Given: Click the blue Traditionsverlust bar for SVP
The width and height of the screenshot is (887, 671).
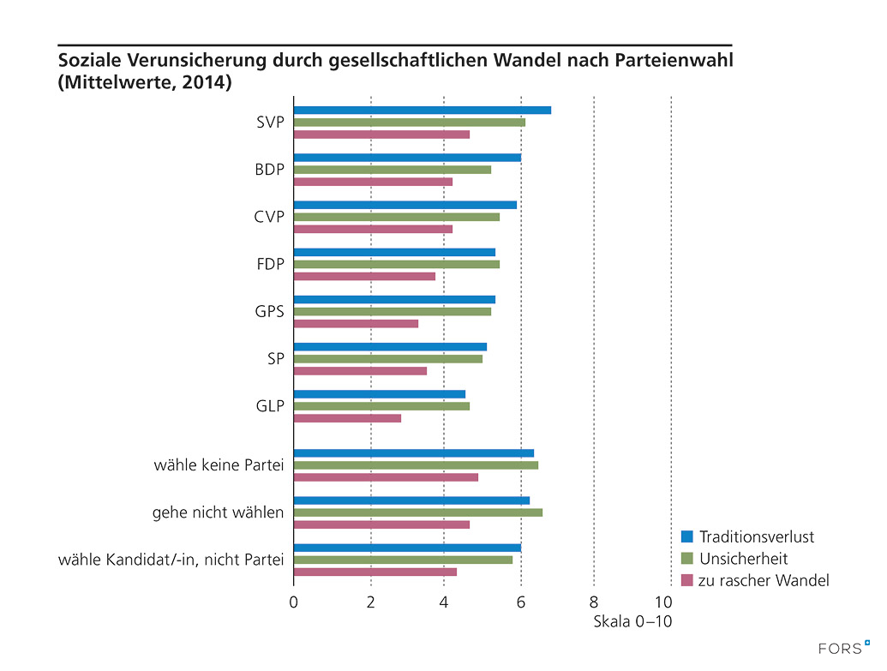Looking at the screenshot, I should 422,111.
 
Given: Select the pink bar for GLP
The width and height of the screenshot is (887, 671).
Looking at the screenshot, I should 347,418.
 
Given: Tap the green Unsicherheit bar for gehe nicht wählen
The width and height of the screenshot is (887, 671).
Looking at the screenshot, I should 417,512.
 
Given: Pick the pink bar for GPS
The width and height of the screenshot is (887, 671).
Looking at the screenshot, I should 356,323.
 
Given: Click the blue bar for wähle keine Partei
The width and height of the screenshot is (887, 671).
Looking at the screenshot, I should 413,452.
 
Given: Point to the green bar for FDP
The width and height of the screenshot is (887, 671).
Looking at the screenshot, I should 396,264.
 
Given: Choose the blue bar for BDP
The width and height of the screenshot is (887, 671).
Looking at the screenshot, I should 407,158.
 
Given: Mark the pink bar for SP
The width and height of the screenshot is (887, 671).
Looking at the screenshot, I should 360,371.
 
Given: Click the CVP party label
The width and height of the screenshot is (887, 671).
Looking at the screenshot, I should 268,217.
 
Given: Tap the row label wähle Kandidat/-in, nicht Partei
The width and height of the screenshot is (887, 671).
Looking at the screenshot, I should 171,560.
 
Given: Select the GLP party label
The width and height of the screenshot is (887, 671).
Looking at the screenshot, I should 269,406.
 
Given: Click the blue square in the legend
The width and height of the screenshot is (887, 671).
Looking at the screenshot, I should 686,537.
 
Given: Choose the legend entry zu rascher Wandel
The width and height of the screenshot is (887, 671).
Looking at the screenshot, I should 764,581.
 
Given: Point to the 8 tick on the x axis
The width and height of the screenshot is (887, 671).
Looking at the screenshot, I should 594,602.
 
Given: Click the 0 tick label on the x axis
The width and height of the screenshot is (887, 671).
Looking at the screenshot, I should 294,602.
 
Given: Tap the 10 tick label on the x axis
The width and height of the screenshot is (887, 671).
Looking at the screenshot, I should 664,602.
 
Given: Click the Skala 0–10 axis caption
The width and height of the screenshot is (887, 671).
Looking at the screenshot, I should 632,622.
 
